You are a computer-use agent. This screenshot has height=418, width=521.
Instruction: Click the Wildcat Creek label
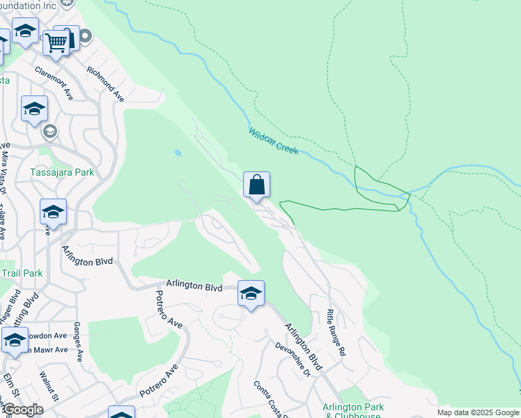[273, 141]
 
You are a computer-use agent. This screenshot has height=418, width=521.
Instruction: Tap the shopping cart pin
[55, 42]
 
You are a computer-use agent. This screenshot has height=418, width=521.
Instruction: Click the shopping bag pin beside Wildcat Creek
[256, 185]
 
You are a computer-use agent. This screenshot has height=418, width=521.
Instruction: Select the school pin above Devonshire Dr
[251, 293]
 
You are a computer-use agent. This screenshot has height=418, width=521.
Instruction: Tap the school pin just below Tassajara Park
[53, 212]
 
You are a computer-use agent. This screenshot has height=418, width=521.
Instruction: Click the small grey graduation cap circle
[49, 131]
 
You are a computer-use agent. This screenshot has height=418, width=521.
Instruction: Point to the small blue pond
[179, 152]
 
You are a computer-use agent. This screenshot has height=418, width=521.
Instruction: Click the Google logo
[22, 410]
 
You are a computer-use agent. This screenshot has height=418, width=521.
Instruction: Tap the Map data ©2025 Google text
[478, 412]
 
